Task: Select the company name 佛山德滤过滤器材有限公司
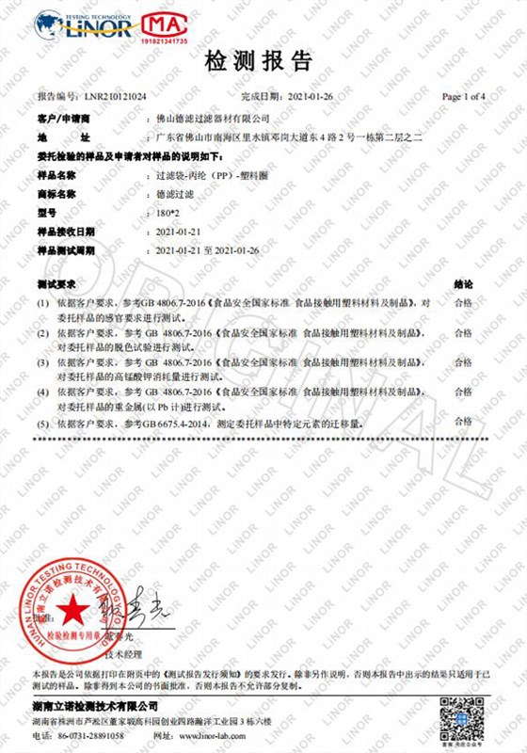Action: (x=212, y=120)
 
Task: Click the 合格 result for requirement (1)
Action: (x=463, y=303)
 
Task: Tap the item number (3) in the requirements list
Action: (x=42, y=362)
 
